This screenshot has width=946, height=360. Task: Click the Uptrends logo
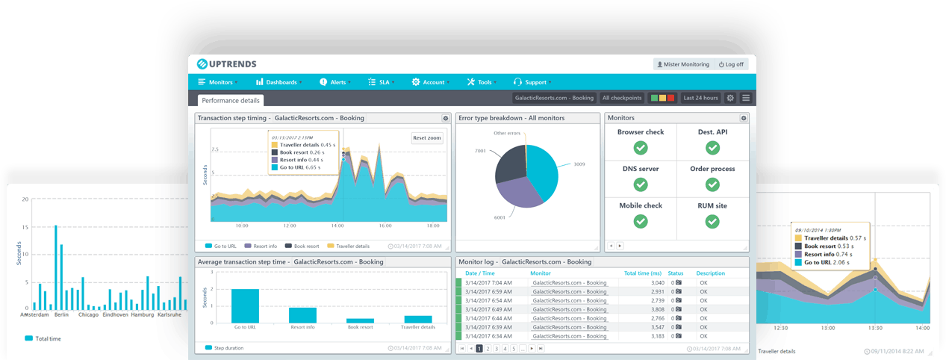[x=230, y=64]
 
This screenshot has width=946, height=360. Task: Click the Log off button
[x=731, y=64]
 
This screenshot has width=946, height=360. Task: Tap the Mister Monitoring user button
[x=683, y=64]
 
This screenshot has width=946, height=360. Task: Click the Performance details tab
[x=231, y=99]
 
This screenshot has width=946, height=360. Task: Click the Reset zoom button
[x=426, y=137]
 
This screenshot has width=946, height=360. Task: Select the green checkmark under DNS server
[x=640, y=184]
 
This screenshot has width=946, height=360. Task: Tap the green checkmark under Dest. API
[x=712, y=148]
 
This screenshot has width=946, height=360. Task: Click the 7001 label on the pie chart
[x=480, y=151]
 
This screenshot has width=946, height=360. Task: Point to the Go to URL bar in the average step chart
[x=246, y=305]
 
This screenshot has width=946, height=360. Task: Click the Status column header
[x=676, y=273]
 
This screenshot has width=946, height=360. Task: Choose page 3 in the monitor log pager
[x=496, y=349]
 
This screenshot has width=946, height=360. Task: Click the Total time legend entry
[x=47, y=338]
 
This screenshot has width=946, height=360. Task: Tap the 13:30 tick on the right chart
[x=874, y=328]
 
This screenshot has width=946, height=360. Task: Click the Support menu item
[x=535, y=82]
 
